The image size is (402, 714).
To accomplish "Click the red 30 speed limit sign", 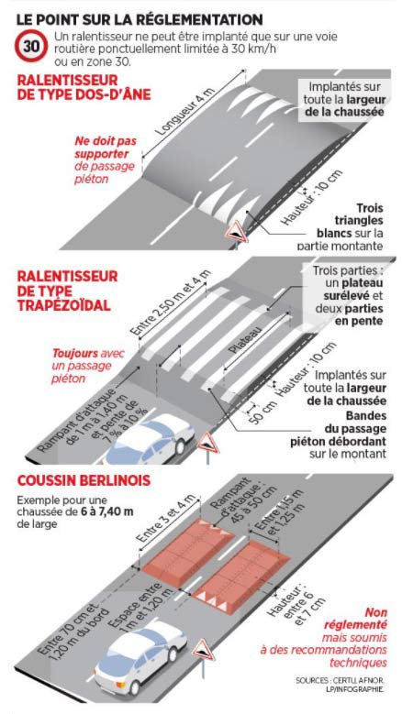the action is click(31, 46).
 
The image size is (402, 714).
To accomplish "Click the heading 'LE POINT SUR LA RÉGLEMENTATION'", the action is click(140, 19).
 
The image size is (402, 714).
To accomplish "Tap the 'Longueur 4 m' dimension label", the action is click(184, 112).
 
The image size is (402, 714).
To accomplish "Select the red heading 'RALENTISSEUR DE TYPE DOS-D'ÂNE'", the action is click(84, 87).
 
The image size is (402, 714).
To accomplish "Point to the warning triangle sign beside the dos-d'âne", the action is click(236, 232).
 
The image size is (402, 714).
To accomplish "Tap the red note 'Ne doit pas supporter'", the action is click(106, 147).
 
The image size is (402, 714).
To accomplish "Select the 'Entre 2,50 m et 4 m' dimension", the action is click(171, 302).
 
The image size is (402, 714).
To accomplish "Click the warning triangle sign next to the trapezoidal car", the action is click(208, 444).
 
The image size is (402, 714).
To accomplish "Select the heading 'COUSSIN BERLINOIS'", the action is click(84, 481).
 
